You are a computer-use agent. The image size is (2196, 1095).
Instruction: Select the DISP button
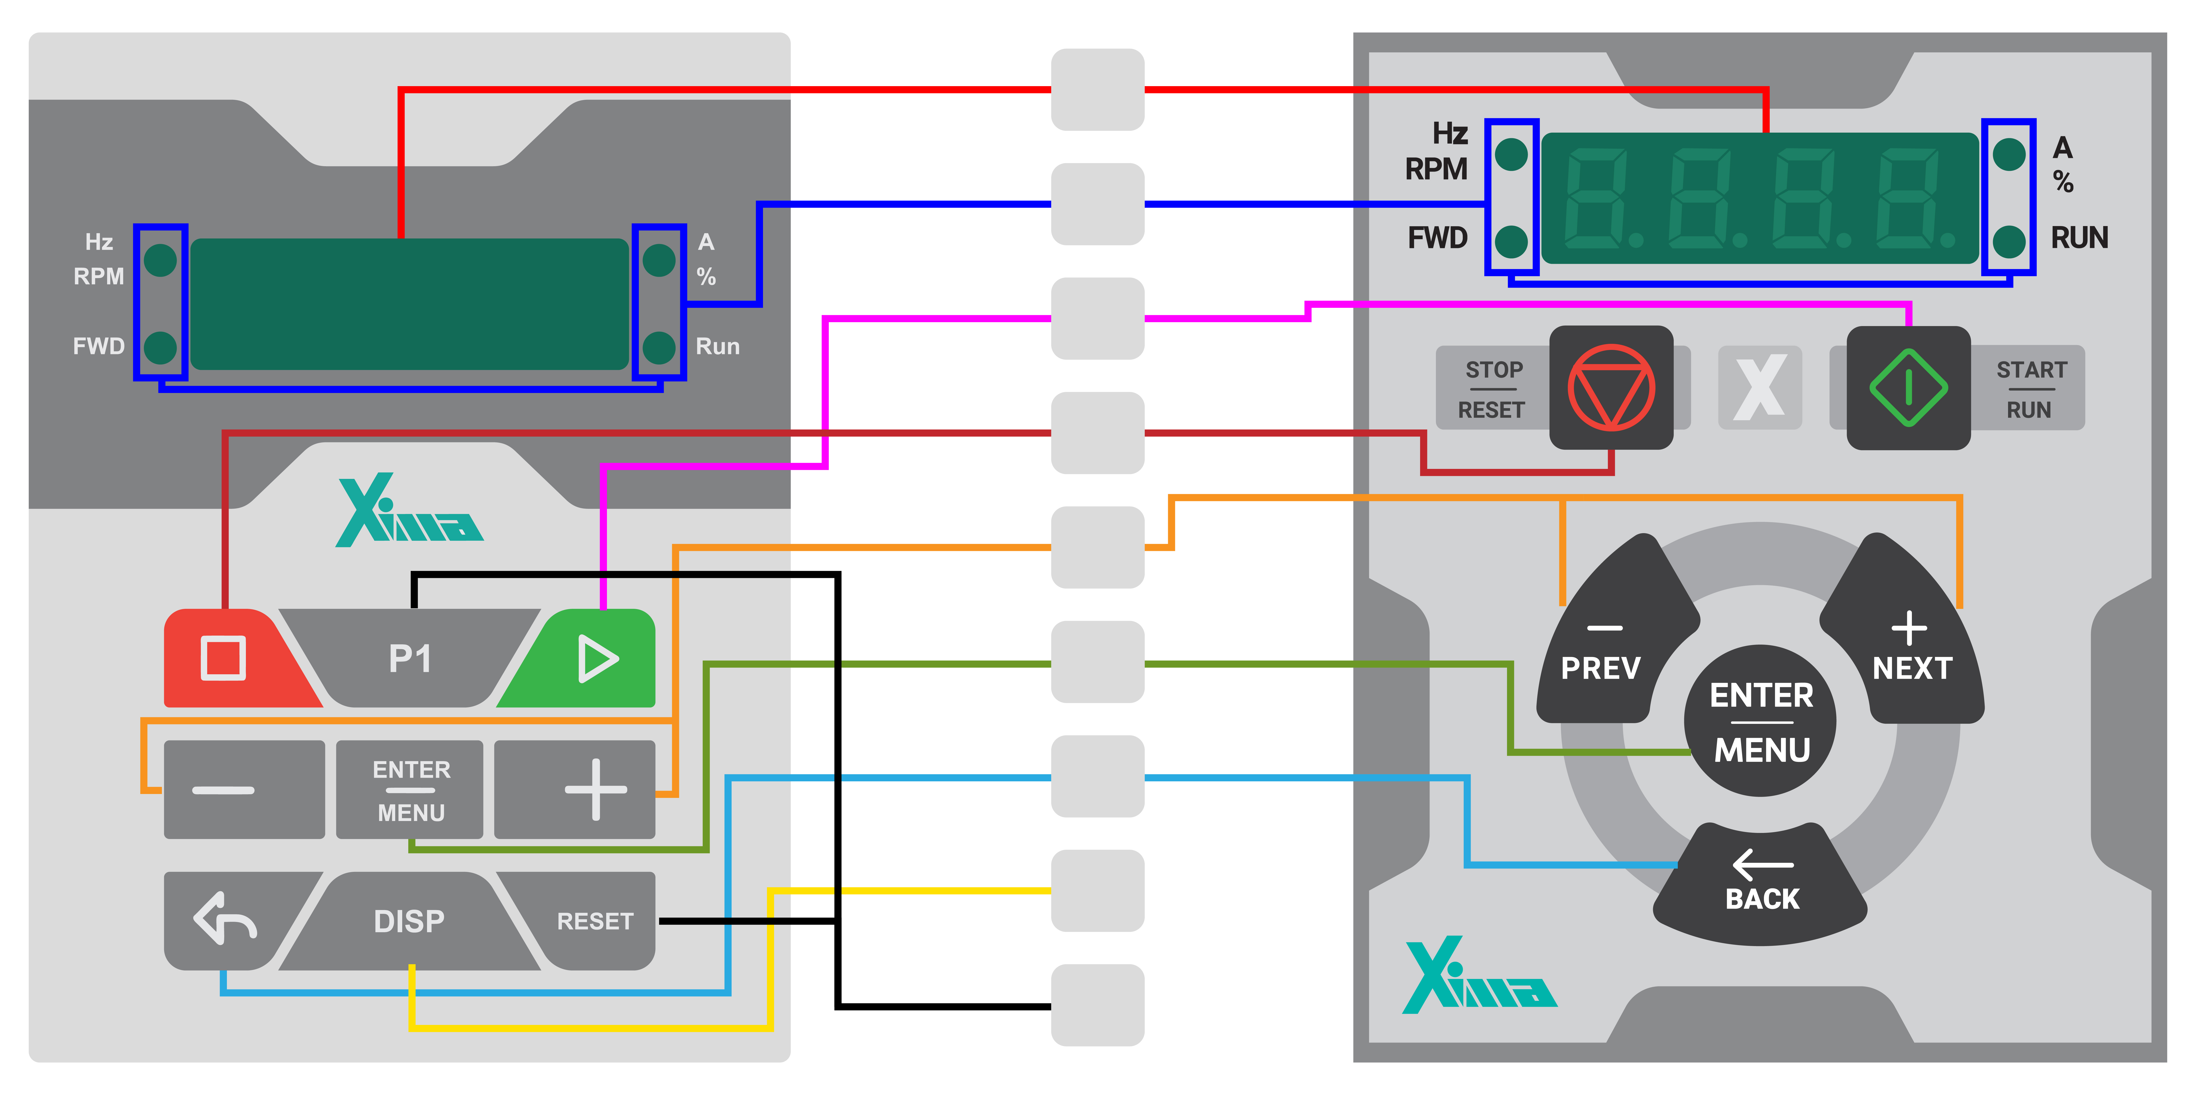tap(409, 920)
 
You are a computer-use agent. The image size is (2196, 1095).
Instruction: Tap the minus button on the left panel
tap(244, 789)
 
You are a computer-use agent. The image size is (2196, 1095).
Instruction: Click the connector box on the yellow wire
tap(1097, 891)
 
